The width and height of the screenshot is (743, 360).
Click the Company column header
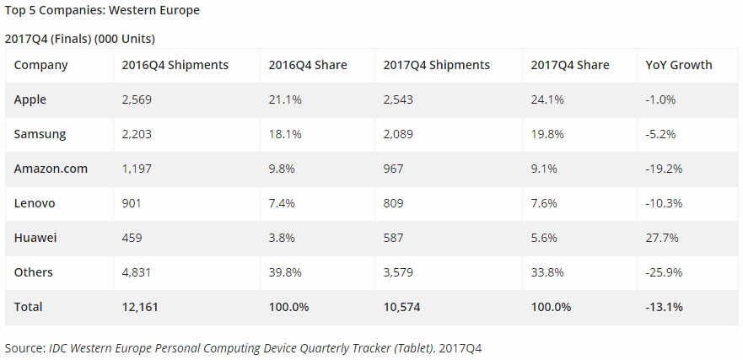tap(40, 65)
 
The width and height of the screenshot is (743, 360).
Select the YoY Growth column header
tap(678, 65)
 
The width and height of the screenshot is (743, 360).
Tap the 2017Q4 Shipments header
tap(436, 65)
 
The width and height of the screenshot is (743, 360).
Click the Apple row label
tap(30, 99)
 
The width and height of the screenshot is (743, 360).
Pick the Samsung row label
tap(40, 134)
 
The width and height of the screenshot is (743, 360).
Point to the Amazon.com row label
tap(51, 169)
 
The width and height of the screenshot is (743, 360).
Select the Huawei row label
tap(35, 238)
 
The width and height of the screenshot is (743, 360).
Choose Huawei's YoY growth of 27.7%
tap(661, 238)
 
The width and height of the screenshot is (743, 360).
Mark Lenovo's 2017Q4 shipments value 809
tap(393, 203)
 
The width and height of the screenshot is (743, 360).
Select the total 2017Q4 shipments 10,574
tap(403, 307)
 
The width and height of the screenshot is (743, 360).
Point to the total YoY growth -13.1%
tap(663, 307)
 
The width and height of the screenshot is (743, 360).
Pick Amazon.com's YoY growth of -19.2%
tap(663, 169)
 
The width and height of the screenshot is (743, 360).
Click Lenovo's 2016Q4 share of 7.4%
tap(282, 203)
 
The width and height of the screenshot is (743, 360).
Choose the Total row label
tap(29, 307)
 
